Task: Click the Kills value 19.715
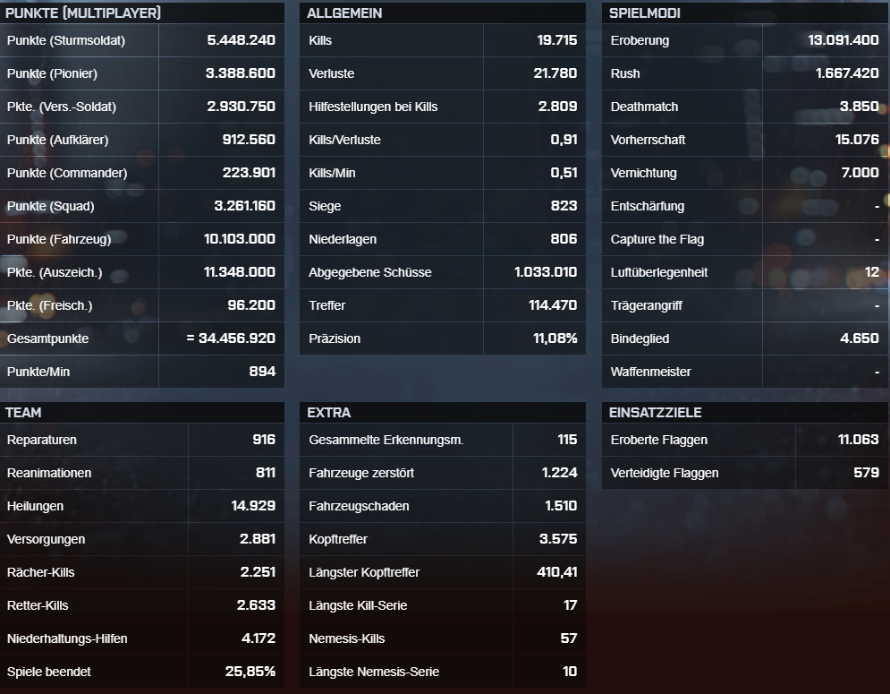tap(557, 40)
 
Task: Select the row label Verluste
tap(332, 73)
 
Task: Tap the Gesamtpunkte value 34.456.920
tap(237, 338)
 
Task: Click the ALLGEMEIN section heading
tap(344, 13)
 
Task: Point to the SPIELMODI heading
tap(645, 13)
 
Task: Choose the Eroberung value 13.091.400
tap(843, 40)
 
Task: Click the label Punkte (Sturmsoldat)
tap(66, 41)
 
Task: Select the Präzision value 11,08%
tap(555, 338)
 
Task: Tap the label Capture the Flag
tap(657, 239)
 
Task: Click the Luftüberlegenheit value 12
tap(872, 272)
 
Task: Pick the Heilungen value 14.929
tap(253, 506)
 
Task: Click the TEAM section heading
tap(23, 413)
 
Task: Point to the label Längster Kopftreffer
tap(364, 572)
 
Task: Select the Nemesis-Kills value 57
tap(569, 638)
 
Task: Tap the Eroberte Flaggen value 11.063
tap(858, 440)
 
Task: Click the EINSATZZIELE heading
tap(656, 413)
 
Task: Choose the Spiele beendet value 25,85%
tap(250, 672)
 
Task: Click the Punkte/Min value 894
tap(262, 371)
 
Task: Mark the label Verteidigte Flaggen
tap(665, 473)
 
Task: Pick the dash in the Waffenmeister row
tap(877, 373)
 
